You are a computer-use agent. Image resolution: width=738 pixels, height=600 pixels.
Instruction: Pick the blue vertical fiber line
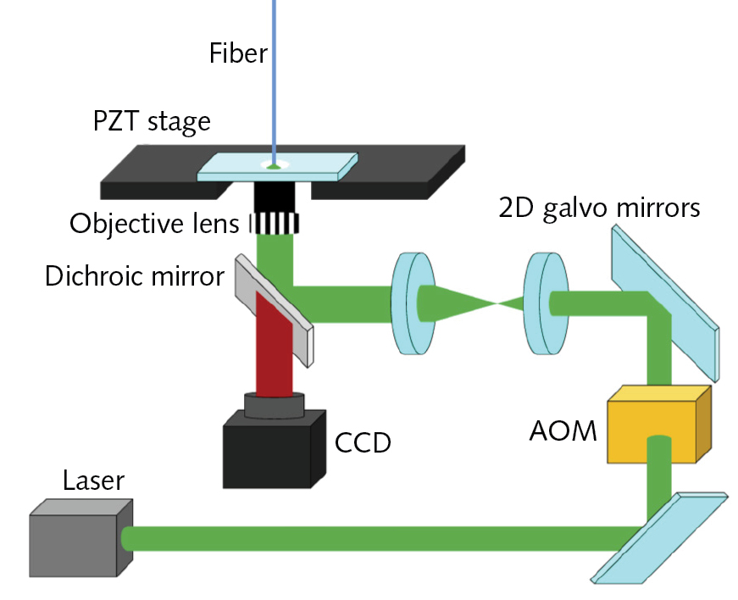click(273, 76)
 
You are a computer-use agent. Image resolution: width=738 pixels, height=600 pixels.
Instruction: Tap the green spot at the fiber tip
click(274, 166)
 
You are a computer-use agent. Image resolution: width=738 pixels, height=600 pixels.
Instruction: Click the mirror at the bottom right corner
click(658, 539)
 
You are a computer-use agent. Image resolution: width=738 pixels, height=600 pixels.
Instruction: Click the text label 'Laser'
click(93, 481)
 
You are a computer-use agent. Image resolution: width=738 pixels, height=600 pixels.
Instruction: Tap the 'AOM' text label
click(563, 431)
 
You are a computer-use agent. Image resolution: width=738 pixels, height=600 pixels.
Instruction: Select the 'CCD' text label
click(363, 442)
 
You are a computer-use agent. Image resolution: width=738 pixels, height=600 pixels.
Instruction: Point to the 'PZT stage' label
click(152, 122)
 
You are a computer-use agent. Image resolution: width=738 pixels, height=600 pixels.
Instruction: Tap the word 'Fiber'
click(238, 54)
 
